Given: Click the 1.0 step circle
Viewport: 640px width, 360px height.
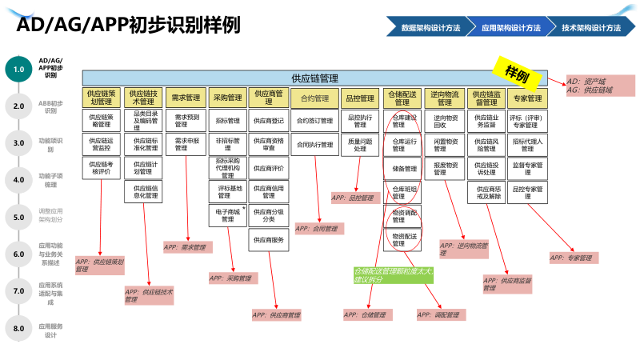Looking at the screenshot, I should (x=18, y=70).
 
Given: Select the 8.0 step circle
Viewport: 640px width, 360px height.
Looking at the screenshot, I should (x=18, y=327).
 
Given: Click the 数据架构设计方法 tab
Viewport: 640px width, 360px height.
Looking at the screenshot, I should (x=430, y=27).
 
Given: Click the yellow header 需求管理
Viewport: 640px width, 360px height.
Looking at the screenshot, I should (x=186, y=98).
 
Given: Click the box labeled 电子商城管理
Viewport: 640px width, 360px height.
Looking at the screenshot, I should (x=227, y=215).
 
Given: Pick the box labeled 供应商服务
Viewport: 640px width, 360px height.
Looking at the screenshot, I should (x=268, y=239).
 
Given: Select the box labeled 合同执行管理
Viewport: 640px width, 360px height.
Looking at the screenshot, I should (x=314, y=145).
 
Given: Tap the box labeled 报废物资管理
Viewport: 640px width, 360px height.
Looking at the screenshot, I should (x=445, y=169).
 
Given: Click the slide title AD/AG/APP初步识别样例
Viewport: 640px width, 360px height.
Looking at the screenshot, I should (x=128, y=26).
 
